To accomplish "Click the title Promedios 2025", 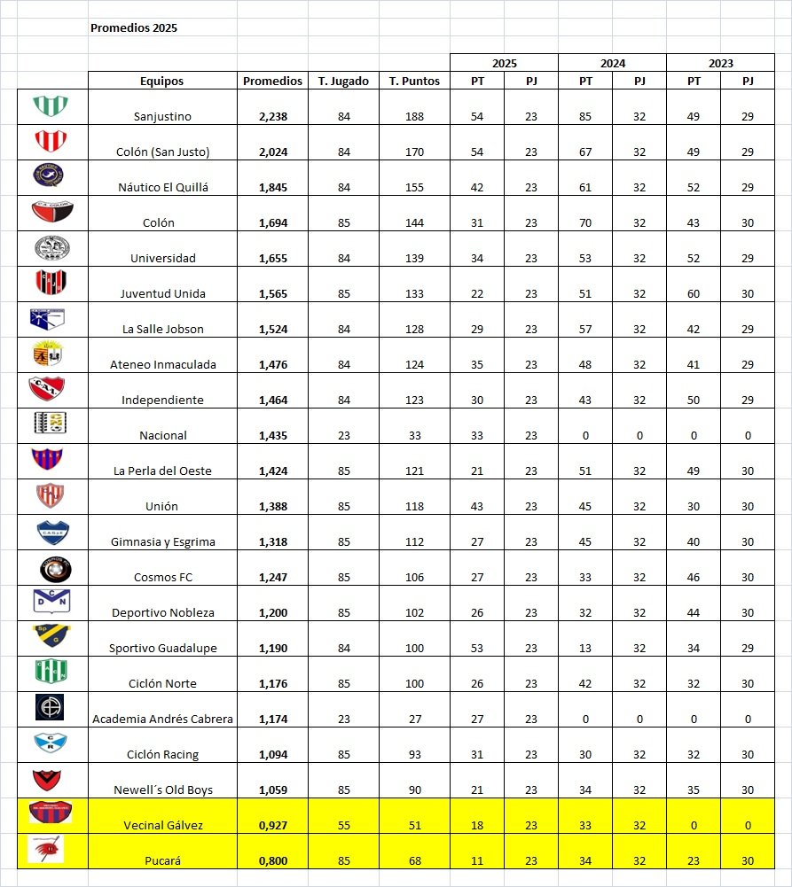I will pos(134,27).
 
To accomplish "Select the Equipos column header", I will pos(161,81).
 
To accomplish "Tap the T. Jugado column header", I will pos(344,81).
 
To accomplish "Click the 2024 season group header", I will pos(612,63).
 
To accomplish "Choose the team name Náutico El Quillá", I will pos(162,187).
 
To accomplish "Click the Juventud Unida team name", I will pos(162,293).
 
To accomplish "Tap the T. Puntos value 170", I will pos(414,152).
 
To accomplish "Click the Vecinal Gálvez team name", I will pos(162,825).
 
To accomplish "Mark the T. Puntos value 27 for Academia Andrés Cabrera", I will pos(414,719).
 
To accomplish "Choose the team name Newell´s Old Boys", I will pos(163,790).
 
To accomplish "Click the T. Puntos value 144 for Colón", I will pos(414,222).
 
